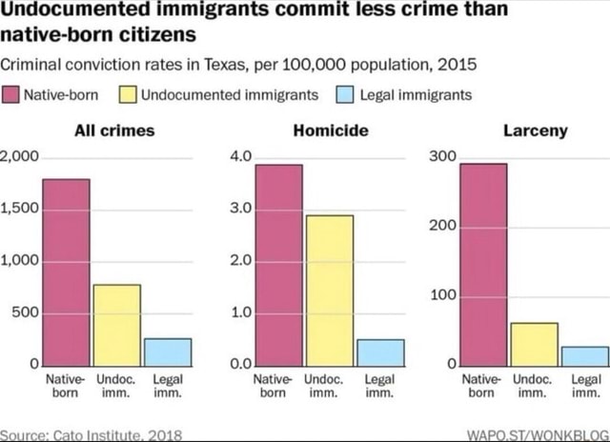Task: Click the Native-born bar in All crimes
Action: click(66, 271)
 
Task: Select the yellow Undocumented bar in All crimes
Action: click(116, 324)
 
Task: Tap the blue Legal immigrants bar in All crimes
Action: click(168, 352)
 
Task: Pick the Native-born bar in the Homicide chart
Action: click(278, 265)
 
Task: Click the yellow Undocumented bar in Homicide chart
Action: click(329, 290)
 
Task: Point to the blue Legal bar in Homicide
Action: click(380, 352)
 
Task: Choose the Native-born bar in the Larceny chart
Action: click(485, 264)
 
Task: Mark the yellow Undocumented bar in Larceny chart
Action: click(536, 343)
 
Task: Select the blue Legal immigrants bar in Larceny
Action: click(585, 355)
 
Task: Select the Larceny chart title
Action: click(535, 131)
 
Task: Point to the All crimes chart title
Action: click(114, 131)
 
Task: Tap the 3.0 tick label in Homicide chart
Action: click(239, 208)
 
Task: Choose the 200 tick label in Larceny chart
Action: click(443, 227)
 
